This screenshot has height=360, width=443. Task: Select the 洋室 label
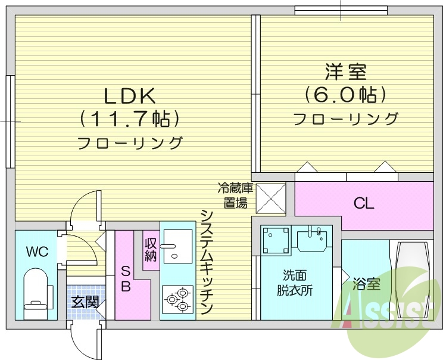pos(345,73)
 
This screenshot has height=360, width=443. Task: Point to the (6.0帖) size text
pos(345,95)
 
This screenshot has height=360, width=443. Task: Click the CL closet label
pos(364,204)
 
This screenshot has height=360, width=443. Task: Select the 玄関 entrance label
pos(85,302)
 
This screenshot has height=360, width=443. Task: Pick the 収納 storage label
pos(151,249)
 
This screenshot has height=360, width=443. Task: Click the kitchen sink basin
pos(177,247)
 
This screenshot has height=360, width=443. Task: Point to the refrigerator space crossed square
pos(271,198)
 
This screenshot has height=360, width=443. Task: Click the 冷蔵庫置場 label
pos(235,196)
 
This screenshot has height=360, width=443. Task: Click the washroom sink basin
pos(312,240)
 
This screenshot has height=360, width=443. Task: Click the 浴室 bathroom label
pos(366,284)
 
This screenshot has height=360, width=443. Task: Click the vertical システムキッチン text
pos(206,262)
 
